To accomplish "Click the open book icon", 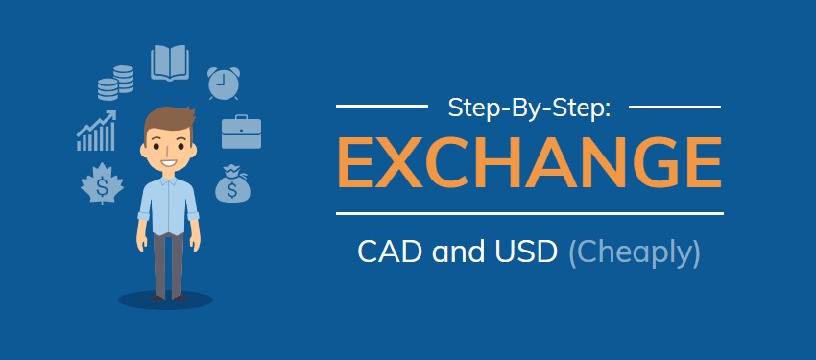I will [x=169, y=62].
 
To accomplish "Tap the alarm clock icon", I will [x=224, y=83].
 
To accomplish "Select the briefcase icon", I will [x=241, y=132].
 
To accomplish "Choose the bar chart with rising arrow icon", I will [x=96, y=132].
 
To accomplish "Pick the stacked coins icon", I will [x=115, y=83].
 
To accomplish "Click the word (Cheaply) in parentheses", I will [x=635, y=253].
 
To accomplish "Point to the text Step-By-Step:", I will [x=529, y=108].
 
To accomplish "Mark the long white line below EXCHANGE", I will [x=529, y=212].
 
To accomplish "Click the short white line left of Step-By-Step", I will [x=382, y=106].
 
